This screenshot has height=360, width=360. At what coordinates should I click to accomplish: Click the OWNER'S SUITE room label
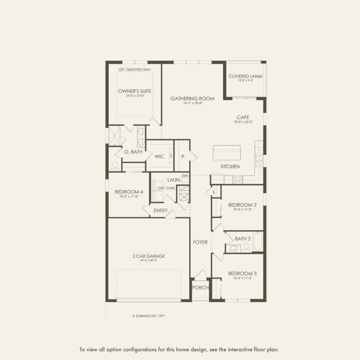[x=135, y=91]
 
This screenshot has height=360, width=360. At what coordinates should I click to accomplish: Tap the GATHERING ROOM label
[x=186, y=99]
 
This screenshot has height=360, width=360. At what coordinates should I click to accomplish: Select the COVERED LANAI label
[x=245, y=76]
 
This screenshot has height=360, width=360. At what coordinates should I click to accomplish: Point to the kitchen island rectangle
[x=226, y=153]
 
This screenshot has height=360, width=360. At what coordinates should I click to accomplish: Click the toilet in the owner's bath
[x=115, y=165]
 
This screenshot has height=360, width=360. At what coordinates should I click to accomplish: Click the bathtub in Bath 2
[x=257, y=242]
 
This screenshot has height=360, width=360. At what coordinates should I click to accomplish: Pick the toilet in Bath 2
[x=246, y=247]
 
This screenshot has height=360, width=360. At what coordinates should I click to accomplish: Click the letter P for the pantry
[x=183, y=157]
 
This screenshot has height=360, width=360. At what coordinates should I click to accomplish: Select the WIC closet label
[x=160, y=157]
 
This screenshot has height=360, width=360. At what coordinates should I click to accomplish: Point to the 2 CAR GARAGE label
[x=148, y=256]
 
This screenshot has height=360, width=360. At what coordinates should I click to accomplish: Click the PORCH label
[x=200, y=288]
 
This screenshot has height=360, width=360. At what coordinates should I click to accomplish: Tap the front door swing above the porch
[x=200, y=274]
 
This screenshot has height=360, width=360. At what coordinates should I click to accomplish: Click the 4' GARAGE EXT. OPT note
[x=148, y=316]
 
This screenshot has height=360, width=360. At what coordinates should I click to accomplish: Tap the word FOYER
[x=200, y=242]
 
